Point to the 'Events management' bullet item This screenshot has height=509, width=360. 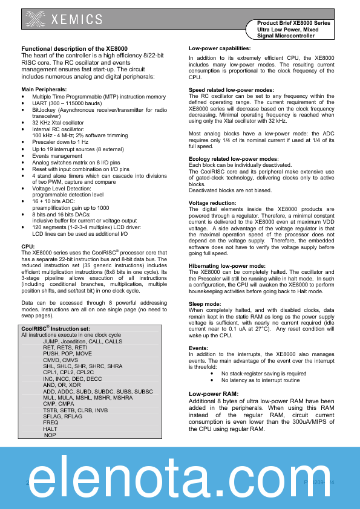pyautogui.click(x=57, y=156)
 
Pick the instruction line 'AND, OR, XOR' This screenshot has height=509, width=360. pyautogui.click(x=62, y=385)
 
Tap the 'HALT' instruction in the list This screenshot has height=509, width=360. pyautogui.click(x=50, y=429)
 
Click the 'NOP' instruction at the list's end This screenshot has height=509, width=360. pyautogui.click(x=50, y=435)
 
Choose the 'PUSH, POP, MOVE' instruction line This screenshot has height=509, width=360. pyautogui.click(x=68, y=354)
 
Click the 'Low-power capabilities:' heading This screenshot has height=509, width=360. pyautogui.click(x=219, y=48)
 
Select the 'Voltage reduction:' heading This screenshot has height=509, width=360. pyautogui.click(x=212, y=203)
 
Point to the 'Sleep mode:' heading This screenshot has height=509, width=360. pyautogui.click(x=205, y=304)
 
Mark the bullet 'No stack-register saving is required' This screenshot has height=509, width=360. pyautogui.click(x=263, y=374)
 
